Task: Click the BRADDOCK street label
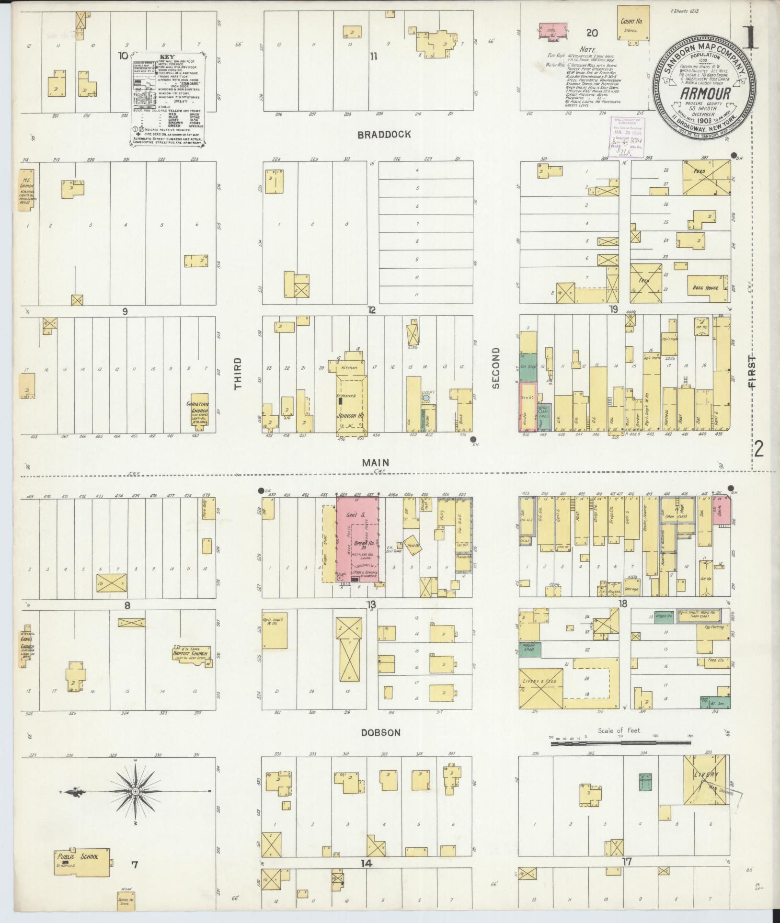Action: pyautogui.click(x=384, y=135)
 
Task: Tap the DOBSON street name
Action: pyautogui.click(x=381, y=746)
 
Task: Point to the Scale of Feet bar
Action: pyautogui.click(x=621, y=756)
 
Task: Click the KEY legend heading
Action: pyautogui.click(x=165, y=56)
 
